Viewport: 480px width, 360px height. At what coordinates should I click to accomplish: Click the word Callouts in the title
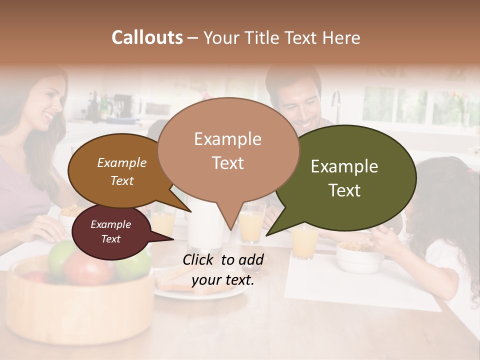coord(147,37)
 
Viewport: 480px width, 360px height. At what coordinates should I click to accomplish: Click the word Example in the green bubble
coord(344,166)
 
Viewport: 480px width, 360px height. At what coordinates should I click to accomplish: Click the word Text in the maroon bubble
coord(111,239)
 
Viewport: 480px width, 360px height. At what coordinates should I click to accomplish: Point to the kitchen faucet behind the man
coord(336,102)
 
